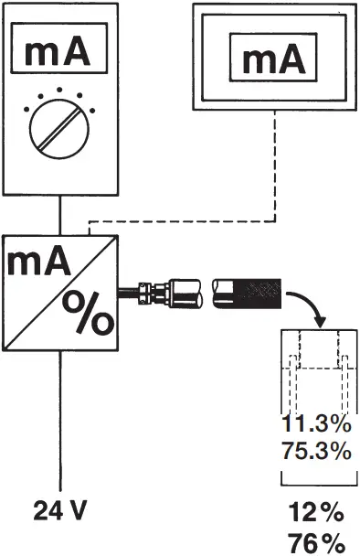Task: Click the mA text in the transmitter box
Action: (x=39, y=262)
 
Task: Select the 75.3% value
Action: (x=315, y=450)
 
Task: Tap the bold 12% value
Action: (x=316, y=510)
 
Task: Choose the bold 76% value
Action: (x=316, y=540)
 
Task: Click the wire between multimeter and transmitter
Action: (x=60, y=217)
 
